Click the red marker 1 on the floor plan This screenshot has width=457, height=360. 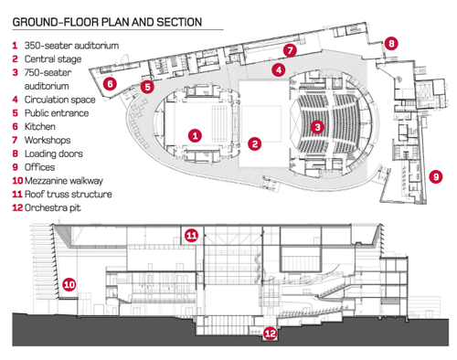point(195,135)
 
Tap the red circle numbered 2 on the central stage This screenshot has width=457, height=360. point(255,143)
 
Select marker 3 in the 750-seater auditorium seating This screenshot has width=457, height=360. point(317,127)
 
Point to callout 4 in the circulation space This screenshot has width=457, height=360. point(279,70)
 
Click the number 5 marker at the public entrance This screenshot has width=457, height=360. point(147,87)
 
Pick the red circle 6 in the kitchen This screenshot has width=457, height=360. point(110,83)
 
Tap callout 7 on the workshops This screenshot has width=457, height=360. point(290,50)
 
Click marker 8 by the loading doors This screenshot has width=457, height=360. point(391,43)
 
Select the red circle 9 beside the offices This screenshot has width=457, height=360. point(436,176)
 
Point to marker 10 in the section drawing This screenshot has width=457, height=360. point(69,284)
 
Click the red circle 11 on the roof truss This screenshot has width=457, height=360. point(192,235)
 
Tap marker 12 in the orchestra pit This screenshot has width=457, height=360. point(270,334)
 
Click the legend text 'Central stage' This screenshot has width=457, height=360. point(53,58)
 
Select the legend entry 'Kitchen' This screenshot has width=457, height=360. point(40,126)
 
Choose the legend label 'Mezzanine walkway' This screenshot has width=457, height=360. point(64,181)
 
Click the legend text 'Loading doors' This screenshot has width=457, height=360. point(54,154)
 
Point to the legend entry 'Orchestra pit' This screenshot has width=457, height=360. point(52,207)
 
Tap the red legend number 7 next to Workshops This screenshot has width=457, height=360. point(15,140)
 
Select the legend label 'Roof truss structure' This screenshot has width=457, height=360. point(69,194)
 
